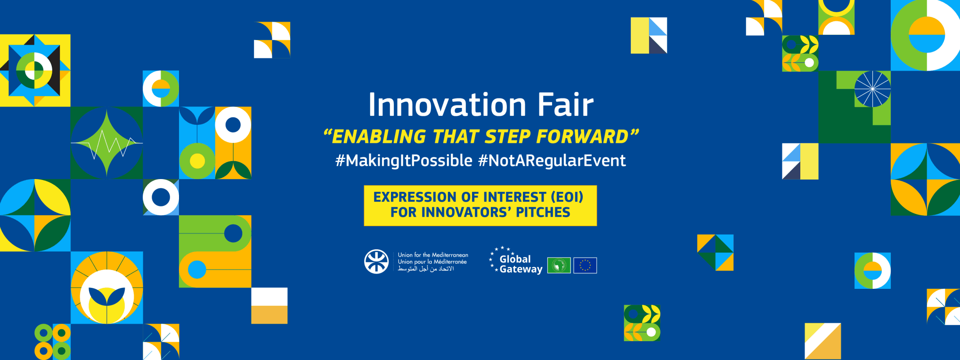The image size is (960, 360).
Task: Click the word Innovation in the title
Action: coord(447,105)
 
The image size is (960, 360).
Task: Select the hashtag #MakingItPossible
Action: coord(404,161)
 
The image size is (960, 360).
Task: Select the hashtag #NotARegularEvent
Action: coord(552,161)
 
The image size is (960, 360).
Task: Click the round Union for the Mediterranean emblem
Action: coord(376,262)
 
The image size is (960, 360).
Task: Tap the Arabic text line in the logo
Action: coord(426,269)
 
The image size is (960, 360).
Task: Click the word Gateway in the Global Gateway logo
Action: coord(521,269)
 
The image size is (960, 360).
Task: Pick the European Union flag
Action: coord(585,265)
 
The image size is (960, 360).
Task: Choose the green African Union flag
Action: coord(559,265)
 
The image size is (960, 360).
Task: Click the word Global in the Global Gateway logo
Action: coord(515,259)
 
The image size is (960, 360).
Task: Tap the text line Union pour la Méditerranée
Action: coord(432,262)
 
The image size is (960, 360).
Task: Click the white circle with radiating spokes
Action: coord(872,89)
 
